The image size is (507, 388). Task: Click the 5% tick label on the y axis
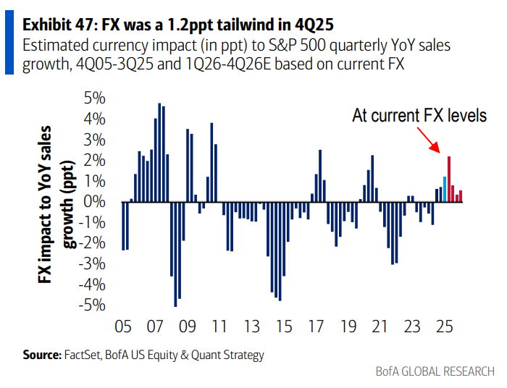(96, 98)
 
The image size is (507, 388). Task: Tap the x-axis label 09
(187, 326)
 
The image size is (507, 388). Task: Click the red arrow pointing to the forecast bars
(434, 144)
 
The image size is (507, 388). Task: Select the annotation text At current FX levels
(419, 115)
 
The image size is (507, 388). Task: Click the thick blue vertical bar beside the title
(9, 43)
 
